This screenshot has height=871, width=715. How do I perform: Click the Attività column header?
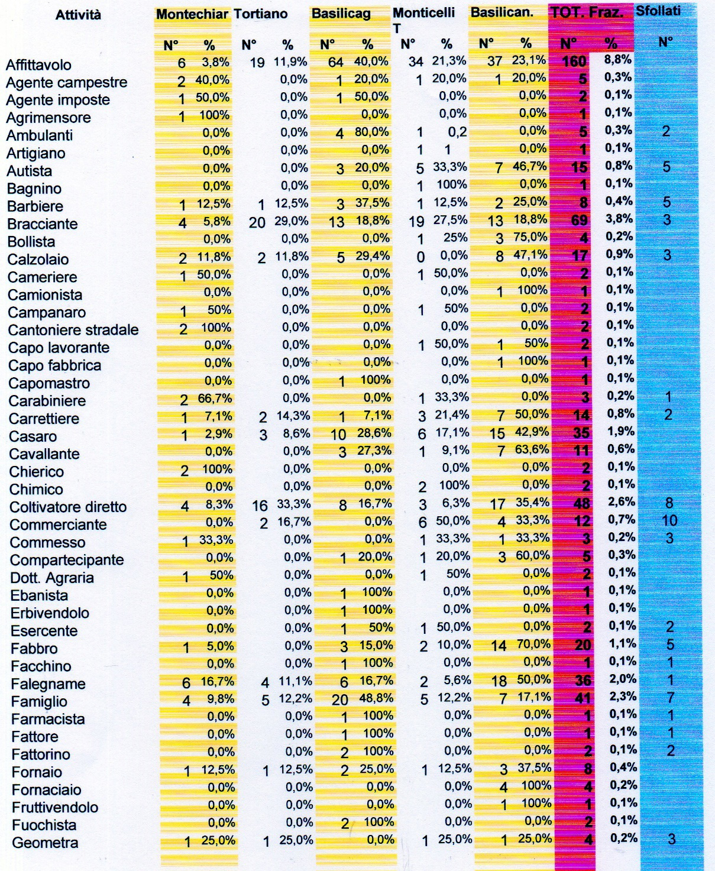tap(78, 15)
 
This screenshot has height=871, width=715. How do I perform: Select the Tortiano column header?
tap(261, 14)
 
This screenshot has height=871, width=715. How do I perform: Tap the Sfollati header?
tap(658, 11)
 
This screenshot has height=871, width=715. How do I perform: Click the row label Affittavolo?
tap(38, 65)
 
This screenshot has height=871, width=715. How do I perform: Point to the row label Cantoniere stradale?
tap(73, 330)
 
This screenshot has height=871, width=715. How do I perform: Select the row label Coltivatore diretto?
tap(68, 507)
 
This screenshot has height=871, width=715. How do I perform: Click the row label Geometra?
tap(45, 843)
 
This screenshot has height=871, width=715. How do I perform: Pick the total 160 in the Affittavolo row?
tap(574, 61)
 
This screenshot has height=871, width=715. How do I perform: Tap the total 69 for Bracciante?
tap(579, 221)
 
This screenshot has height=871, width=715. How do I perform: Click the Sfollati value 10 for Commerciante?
tap(669, 521)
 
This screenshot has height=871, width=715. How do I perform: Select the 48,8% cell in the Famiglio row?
tap(376, 698)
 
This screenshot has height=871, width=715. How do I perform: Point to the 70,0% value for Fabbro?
tap(532, 645)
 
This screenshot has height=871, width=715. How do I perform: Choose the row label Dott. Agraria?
tap(52, 578)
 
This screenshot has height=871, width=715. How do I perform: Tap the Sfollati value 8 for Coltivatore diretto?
tap(669, 503)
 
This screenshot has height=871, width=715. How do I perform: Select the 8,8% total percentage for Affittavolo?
tap(618, 60)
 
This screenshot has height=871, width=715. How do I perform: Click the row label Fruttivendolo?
tap(55, 808)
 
